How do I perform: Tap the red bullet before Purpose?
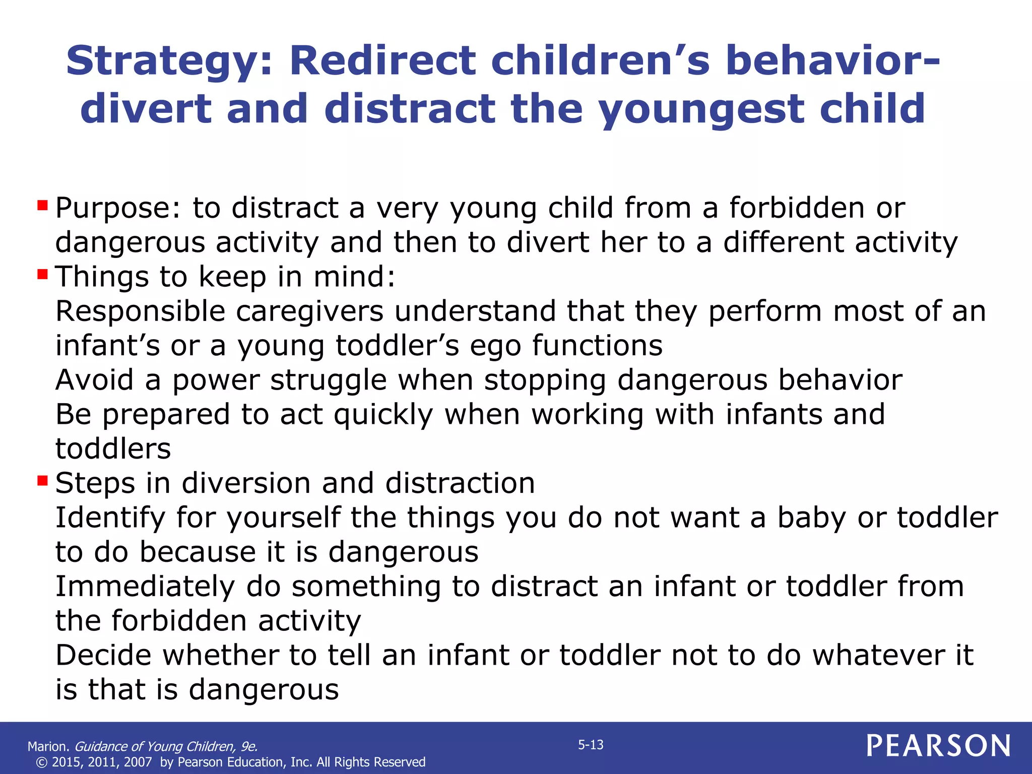pyautogui.click(x=42, y=206)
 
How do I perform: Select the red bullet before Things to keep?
pyautogui.click(x=42, y=275)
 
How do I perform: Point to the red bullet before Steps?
pyautogui.click(x=42, y=481)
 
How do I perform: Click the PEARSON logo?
pyautogui.click(x=938, y=746)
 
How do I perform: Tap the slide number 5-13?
pyautogui.click(x=591, y=745)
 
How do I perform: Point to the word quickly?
pyautogui.click(x=383, y=415)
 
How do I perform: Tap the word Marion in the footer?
pyautogui.click(x=47, y=746)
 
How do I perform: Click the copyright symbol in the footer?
pyautogui.click(x=42, y=762)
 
